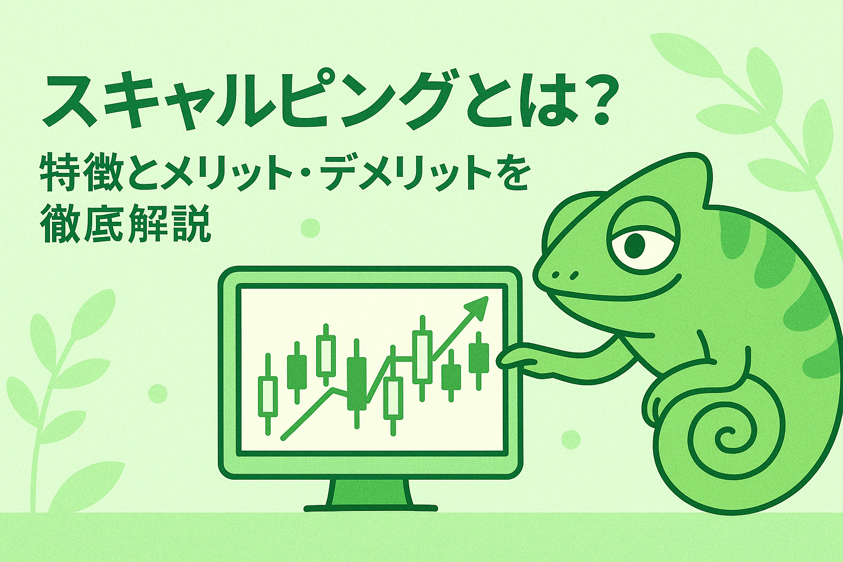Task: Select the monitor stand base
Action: [x=370, y=508]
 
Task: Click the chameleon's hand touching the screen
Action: [x=518, y=358]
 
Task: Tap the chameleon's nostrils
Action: [x=565, y=275]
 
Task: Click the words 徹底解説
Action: [x=125, y=223]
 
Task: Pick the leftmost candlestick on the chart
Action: [x=268, y=394]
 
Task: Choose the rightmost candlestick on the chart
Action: [x=479, y=360]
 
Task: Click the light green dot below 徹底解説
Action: [x=311, y=228]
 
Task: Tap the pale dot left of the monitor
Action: [x=158, y=394]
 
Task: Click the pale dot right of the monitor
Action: [x=571, y=439]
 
